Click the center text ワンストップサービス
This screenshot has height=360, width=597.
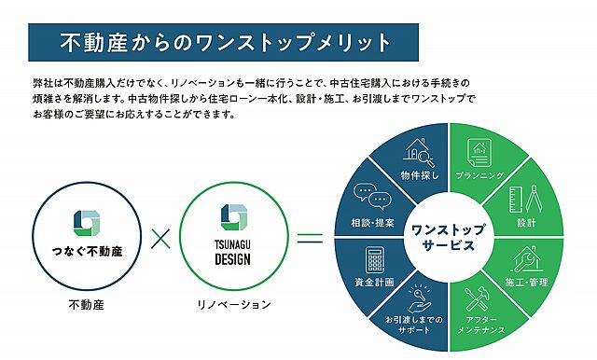point(443,239)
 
